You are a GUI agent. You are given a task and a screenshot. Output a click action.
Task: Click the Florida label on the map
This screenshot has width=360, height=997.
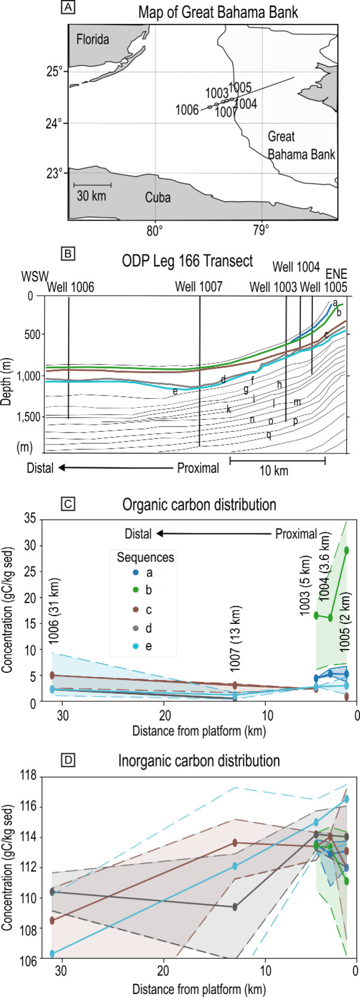92,40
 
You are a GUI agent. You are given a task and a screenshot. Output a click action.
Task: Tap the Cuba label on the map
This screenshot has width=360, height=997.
158,197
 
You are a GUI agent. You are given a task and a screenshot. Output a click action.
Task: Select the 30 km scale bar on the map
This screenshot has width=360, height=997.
92,185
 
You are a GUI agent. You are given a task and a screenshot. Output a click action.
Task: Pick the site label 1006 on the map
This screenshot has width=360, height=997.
187,110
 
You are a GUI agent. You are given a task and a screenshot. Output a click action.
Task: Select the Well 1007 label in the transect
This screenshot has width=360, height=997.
199,286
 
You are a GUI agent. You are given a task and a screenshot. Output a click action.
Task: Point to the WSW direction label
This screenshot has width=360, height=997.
33,278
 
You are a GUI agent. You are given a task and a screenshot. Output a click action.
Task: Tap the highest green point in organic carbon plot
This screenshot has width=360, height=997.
347,550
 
